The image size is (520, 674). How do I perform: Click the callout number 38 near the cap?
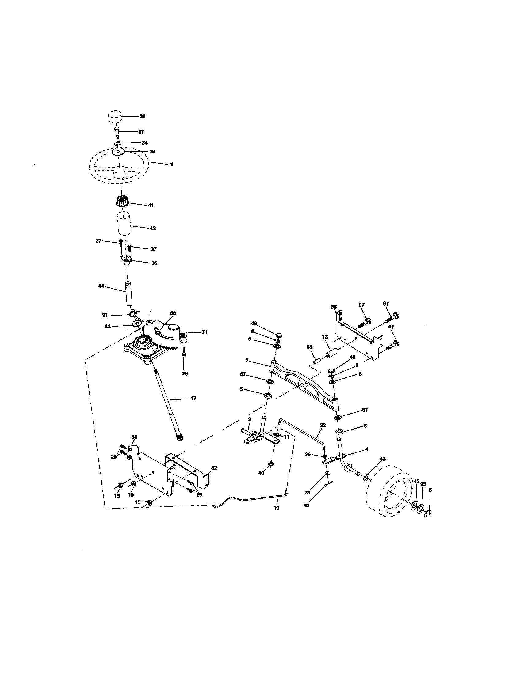pyautogui.click(x=142, y=116)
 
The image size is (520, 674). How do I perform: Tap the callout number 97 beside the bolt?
pyautogui.click(x=141, y=132)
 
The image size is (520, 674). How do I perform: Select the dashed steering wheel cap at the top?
pyautogui.click(x=114, y=117)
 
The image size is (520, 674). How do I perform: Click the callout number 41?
pyautogui.click(x=151, y=205)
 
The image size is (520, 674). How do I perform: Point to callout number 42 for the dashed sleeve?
pyautogui.click(x=153, y=228)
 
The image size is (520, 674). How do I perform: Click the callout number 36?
pyautogui.click(x=154, y=263)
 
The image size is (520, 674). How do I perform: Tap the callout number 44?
pyautogui.click(x=101, y=286)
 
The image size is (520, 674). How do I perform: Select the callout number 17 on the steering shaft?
pyautogui.click(x=193, y=398)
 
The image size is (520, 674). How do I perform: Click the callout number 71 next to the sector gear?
pyautogui.click(x=205, y=332)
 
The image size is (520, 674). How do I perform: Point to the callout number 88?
pyautogui.click(x=173, y=313)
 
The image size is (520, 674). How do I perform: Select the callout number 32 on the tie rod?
pyautogui.click(x=323, y=425)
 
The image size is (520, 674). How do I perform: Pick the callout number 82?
pyautogui.click(x=214, y=468)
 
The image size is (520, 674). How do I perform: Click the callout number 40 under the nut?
pyautogui.click(x=261, y=473)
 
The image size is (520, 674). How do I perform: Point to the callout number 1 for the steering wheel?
pyautogui.click(x=171, y=165)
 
